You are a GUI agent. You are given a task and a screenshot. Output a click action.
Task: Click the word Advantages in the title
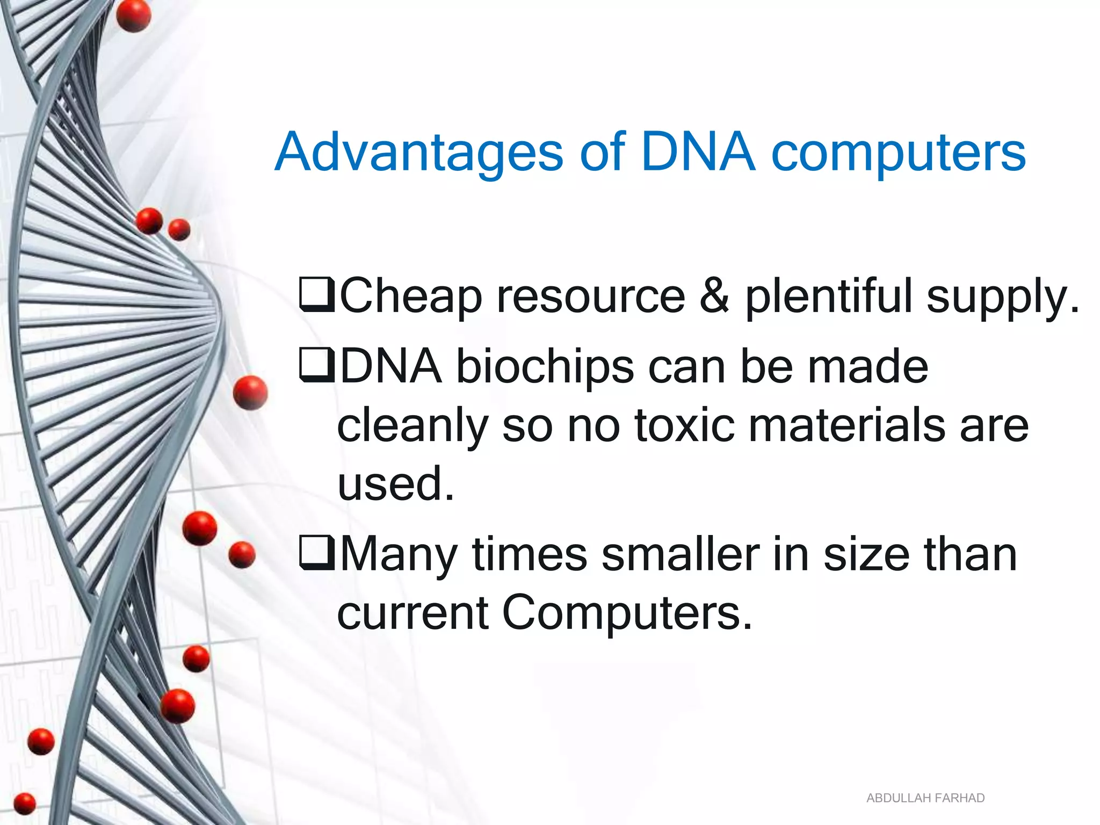(x=419, y=153)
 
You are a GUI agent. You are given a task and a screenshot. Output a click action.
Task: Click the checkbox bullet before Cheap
(x=317, y=295)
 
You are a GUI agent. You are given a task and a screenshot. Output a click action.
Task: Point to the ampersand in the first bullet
(x=714, y=296)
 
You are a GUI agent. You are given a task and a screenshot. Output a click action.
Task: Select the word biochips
(x=545, y=367)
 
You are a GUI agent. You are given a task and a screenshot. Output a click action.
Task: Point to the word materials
(x=846, y=425)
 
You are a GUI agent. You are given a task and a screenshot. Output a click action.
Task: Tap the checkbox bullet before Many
(x=317, y=554)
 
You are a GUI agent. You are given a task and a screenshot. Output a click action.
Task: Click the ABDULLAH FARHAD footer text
(x=925, y=798)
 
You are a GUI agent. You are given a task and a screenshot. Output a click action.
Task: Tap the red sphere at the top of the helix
(x=133, y=16)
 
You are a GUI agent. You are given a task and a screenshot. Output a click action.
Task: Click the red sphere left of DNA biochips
(x=250, y=393)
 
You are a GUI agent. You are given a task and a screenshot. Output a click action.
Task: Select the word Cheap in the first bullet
(x=411, y=296)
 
